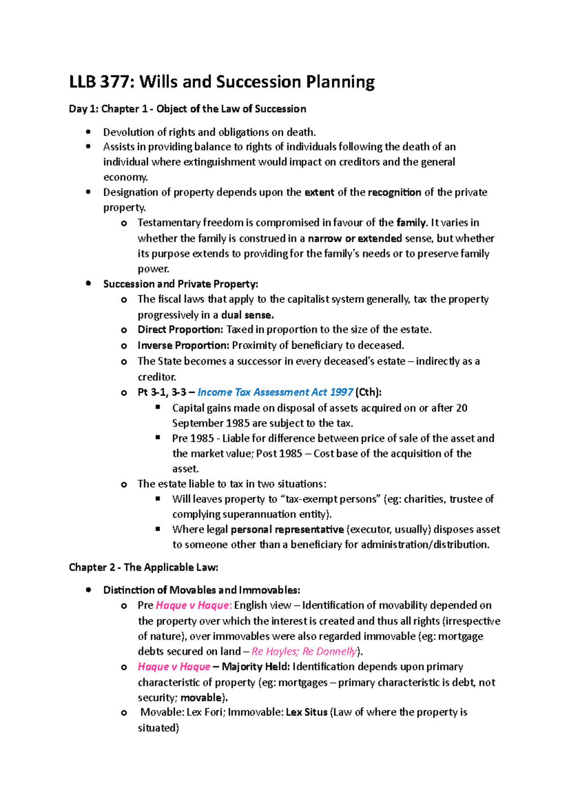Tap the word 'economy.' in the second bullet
tap(126, 177)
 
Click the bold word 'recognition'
tap(394, 192)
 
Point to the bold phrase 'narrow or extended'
tap(355, 238)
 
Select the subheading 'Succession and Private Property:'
tap(181, 284)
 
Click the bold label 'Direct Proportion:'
tap(180, 329)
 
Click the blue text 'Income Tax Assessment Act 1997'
tap(275, 392)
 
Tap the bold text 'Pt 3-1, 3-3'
tap(162, 392)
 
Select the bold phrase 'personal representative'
tap(287, 529)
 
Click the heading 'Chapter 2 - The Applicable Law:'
tap(144, 567)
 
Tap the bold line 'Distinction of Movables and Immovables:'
tap(202, 590)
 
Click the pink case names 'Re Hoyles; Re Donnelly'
tap(304, 651)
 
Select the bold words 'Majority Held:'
tap(256, 666)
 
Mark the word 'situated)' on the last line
tap(158, 728)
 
